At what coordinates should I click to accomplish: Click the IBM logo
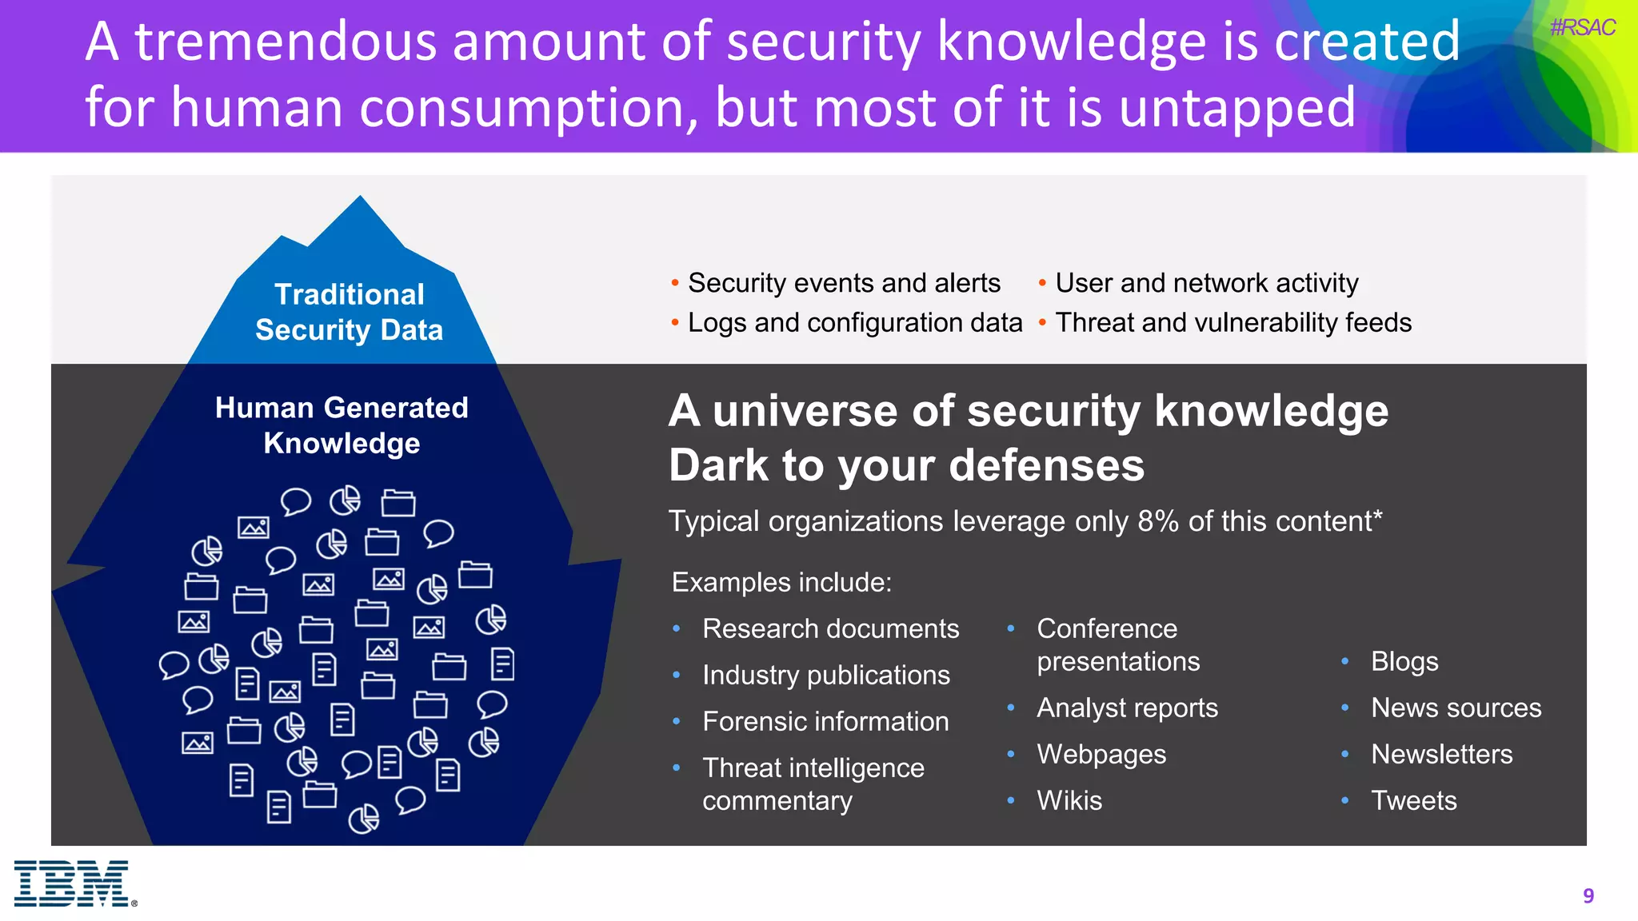point(72,883)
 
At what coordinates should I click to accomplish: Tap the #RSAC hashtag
point(1582,28)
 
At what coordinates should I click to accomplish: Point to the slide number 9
point(1588,895)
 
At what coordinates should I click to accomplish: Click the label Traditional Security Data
point(349,313)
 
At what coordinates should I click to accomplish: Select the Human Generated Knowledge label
point(342,425)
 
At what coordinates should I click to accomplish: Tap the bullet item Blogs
point(1404,662)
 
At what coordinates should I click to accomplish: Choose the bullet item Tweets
point(1413,801)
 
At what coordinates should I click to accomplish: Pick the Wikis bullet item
point(1069,801)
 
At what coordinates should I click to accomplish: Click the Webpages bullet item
point(1101,755)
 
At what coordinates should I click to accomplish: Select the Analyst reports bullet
point(1127,708)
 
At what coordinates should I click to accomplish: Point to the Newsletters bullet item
point(1441,755)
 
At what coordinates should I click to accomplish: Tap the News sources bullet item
point(1456,708)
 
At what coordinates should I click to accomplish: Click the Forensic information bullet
point(825,722)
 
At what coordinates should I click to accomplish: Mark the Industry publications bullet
point(826,676)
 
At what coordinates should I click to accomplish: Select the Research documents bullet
point(830,629)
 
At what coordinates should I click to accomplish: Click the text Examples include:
point(781,582)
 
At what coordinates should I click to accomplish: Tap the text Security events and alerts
point(844,283)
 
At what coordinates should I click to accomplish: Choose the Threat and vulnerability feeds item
point(1233,323)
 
